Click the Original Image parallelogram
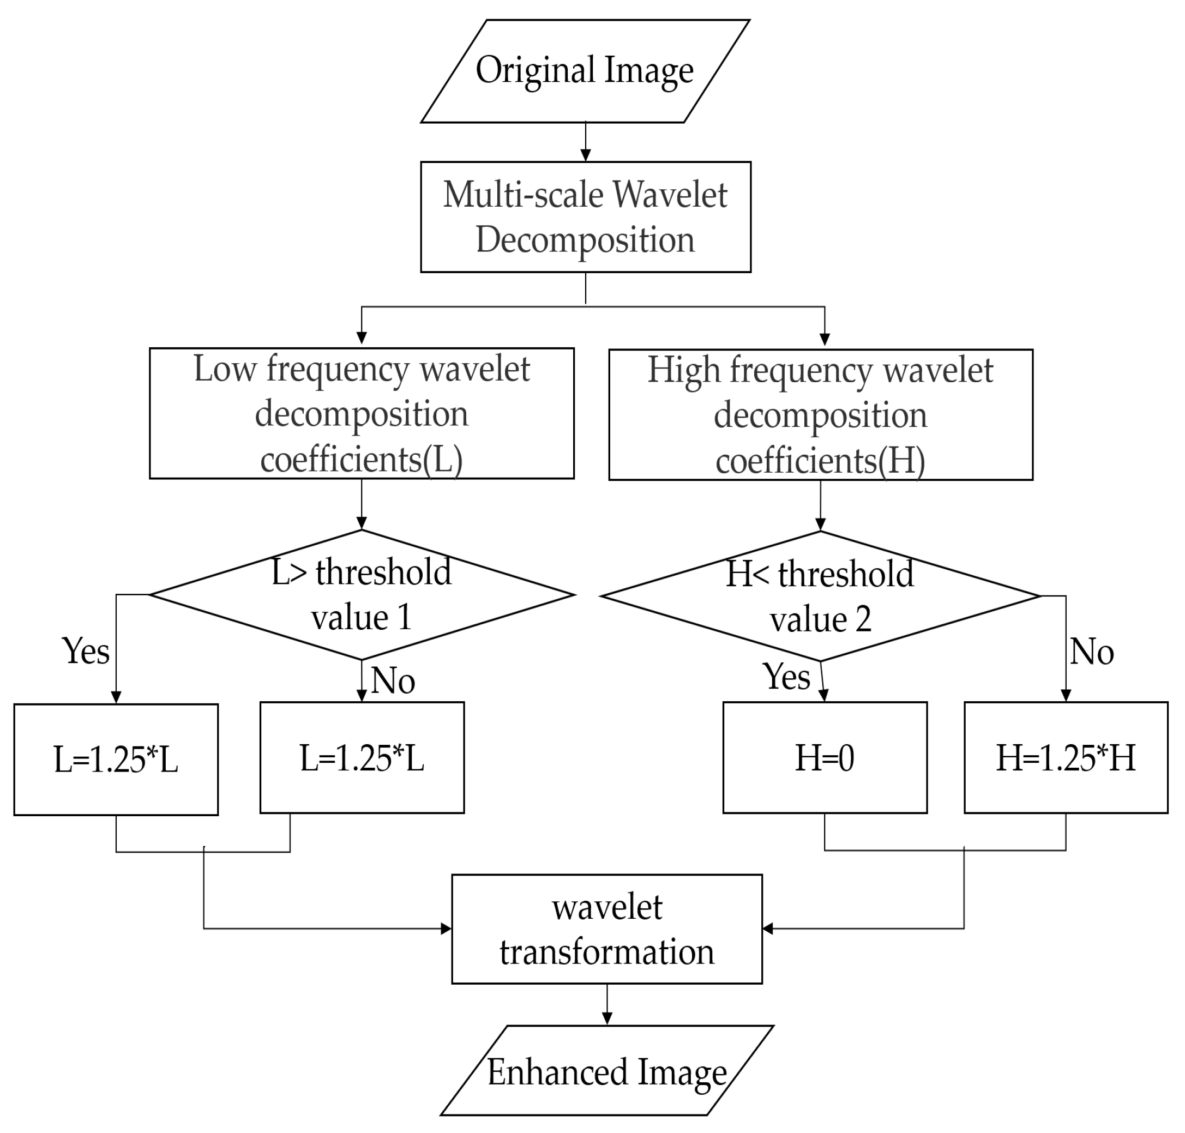click(x=585, y=71)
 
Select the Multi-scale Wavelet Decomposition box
click(x=585, y=217)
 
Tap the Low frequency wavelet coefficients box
click(x=361, y=414)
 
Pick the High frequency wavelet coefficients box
click(x=820, y=415)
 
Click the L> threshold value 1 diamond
click(x=361, y=595)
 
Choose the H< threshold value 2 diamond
click(x=820, y=596)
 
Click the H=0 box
click(x=825, y=758)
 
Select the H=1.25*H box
click(x=1066, y=758)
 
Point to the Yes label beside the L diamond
click(x=86, y=652)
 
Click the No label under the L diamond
click(x=393, y=680)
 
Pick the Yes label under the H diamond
click(x=786, y=677)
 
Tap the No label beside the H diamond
click(x=1091, y=652)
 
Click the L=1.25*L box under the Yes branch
click(x=116, y=760)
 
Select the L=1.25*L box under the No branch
click(x=362, y=758)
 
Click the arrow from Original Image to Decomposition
click(x=585, y=142)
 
